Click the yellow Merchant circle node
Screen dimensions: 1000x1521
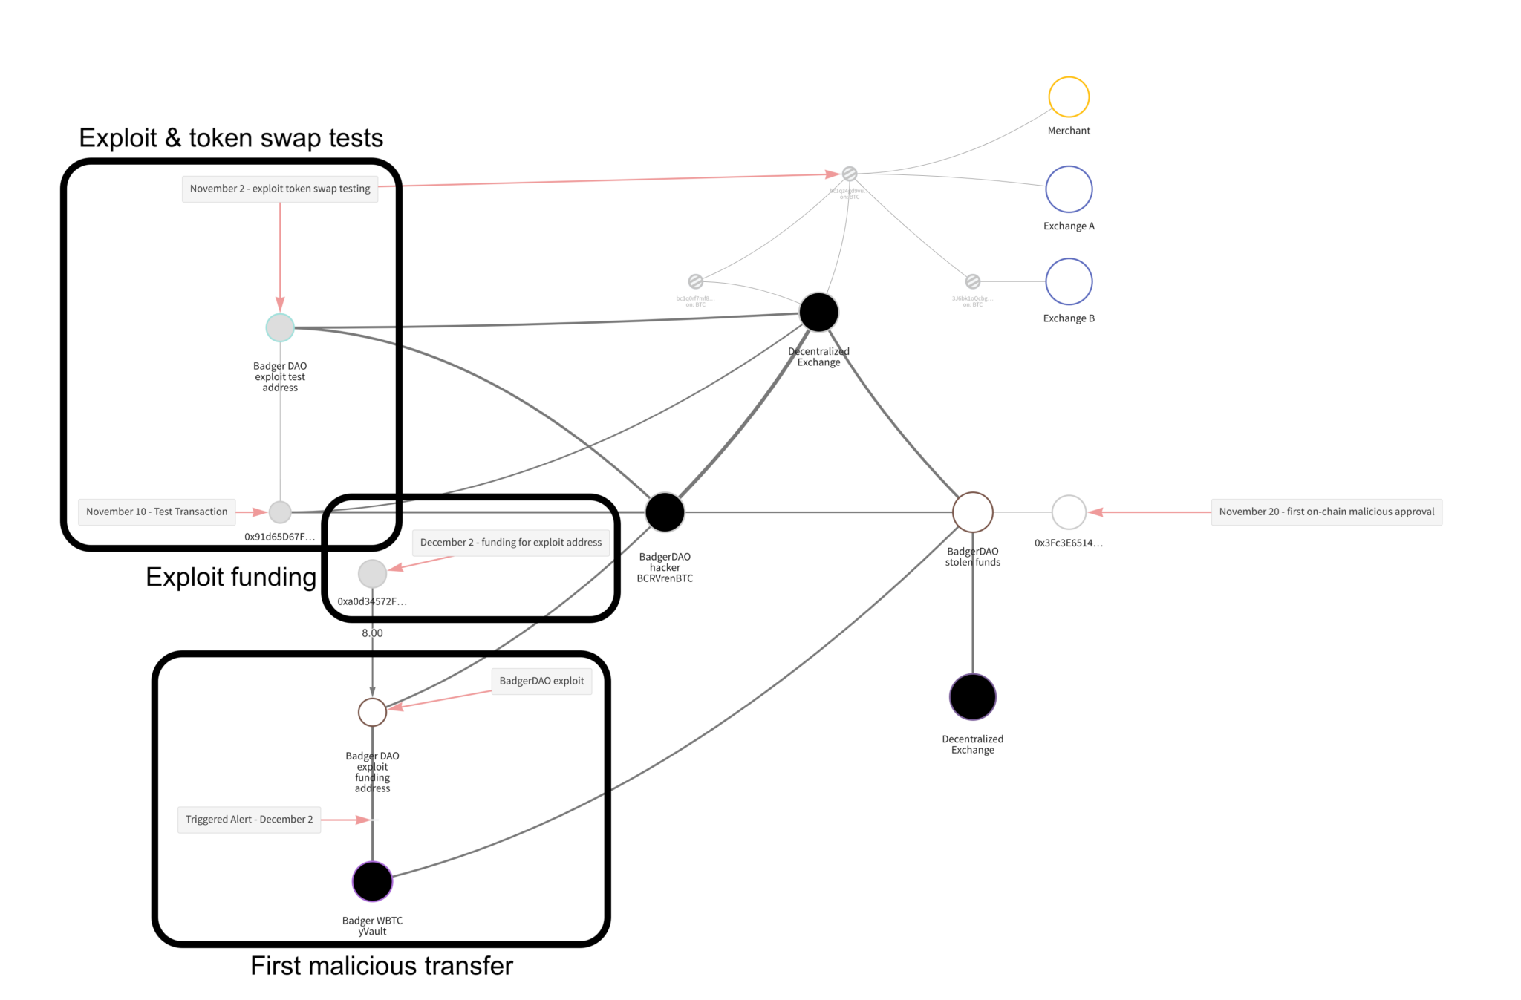point(1068,97)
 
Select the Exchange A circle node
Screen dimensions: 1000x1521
point(1068,189)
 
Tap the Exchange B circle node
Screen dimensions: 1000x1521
point(1068,281)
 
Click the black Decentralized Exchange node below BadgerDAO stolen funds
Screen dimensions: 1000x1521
point(972,697)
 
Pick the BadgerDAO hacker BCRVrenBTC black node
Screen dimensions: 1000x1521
point(665,512)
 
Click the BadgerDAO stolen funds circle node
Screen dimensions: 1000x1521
point(972,512)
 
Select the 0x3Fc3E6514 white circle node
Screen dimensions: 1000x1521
point(1068,512)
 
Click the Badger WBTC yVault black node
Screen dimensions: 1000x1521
point(372,881)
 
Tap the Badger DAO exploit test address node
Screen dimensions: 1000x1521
point(280,327)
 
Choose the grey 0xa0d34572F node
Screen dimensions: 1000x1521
point(372,574)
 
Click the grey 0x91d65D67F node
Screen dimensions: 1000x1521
point(280,512)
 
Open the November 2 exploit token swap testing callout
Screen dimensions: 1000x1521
point(280,189)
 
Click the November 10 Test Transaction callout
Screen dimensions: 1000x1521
point(157,512)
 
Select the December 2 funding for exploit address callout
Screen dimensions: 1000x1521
point(511,543)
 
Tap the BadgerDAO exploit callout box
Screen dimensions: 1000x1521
point(541,681)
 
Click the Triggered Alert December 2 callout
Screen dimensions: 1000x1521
point(249,820)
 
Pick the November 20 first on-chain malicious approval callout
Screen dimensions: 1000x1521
point(1326,512)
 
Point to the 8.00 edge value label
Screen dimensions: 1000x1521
point(372,633)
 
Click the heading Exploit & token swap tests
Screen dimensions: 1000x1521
point(231,138)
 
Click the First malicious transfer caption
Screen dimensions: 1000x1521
point(381,966)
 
